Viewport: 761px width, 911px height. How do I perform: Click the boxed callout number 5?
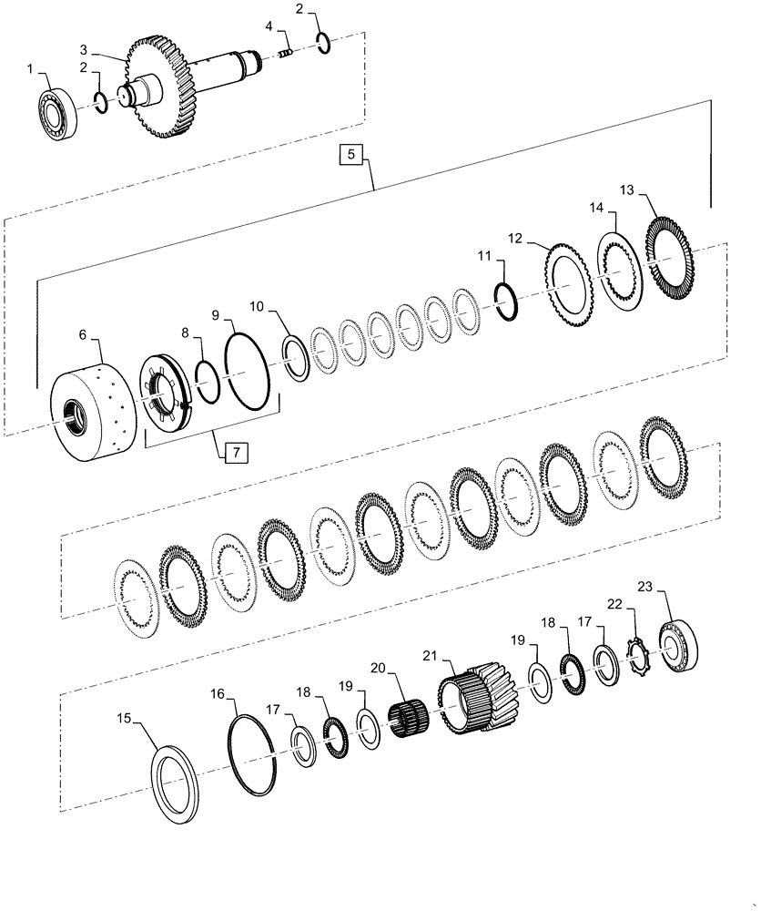353,155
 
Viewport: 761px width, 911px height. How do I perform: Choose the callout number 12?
516,239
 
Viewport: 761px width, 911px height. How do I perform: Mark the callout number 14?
595,208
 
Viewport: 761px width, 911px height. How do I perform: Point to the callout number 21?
431,655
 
